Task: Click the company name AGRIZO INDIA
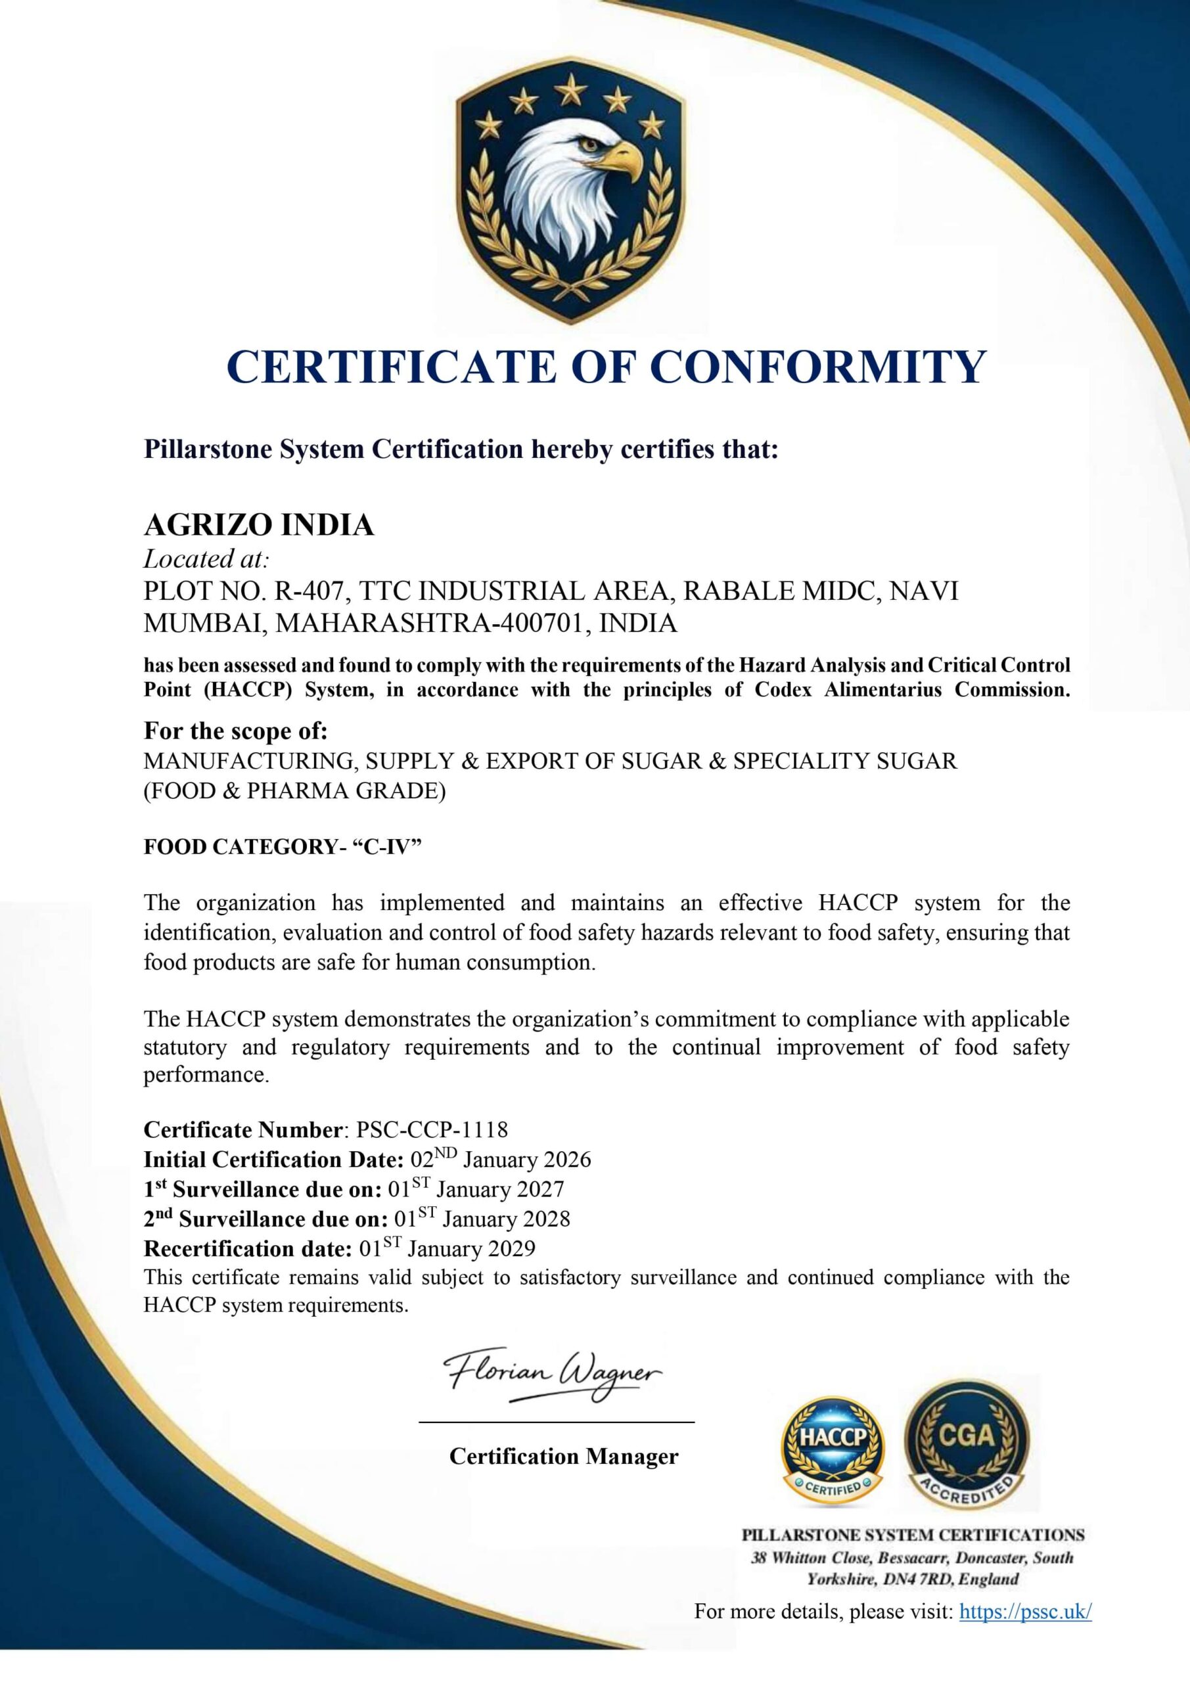(x=259, y=524)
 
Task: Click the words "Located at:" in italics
(x=206, y=559)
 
